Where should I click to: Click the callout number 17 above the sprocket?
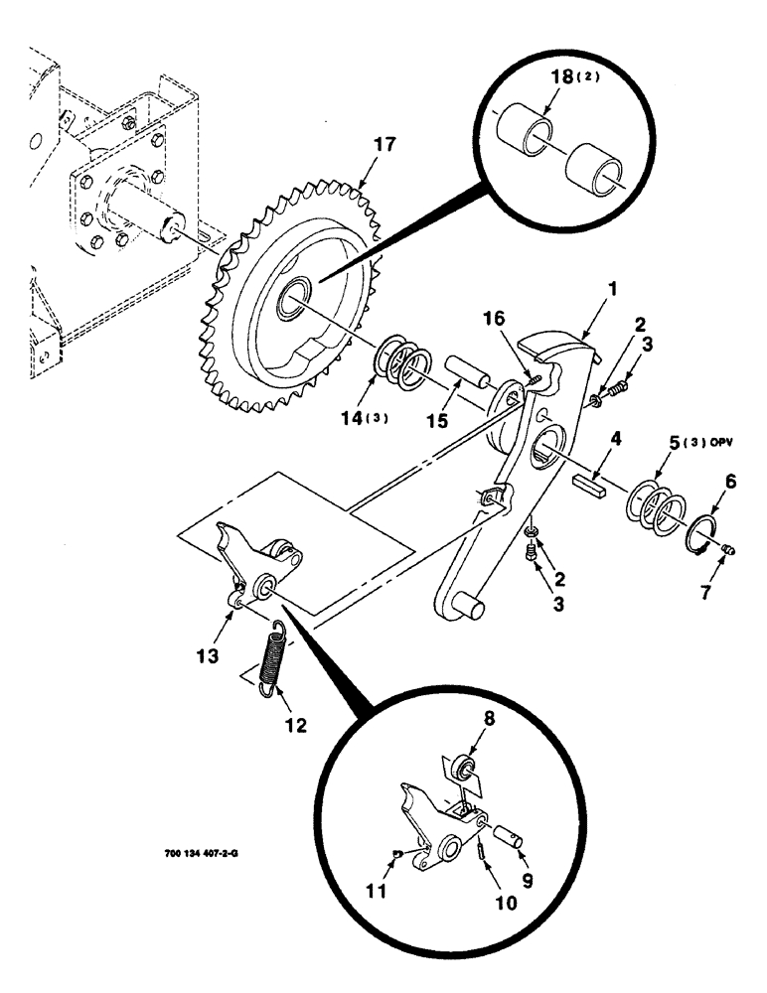coord(384,146)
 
